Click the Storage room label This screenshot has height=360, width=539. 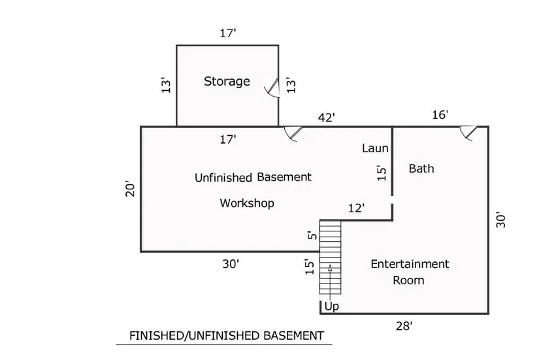pos(227,82)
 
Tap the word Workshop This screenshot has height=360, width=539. pos(247,203)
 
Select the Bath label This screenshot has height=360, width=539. pos(421,169)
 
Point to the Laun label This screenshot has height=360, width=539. pos(375,148)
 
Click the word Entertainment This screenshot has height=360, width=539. pos(410,264)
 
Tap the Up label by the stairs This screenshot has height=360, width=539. pos(332,306)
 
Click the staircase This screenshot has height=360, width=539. pos(331,257)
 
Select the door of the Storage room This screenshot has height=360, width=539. pos(272,88)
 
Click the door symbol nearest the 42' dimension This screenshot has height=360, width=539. pos(293,133)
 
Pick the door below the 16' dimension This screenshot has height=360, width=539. pos(468,133)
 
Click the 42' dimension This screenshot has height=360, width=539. pos(326,118)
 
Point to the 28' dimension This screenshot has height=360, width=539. pos(404,325)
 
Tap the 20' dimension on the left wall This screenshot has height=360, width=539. pos(130,188)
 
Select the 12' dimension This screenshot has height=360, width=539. pos(357,208)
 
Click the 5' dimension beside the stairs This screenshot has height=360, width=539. pos(312,235)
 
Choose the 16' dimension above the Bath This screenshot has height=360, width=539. pos(440,114)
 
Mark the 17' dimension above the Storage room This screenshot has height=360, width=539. pos(228,33)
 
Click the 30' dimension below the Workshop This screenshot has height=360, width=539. pos(231,264)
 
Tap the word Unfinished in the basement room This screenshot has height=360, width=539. pos(223,178)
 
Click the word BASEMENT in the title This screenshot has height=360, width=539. pos(293,336)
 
